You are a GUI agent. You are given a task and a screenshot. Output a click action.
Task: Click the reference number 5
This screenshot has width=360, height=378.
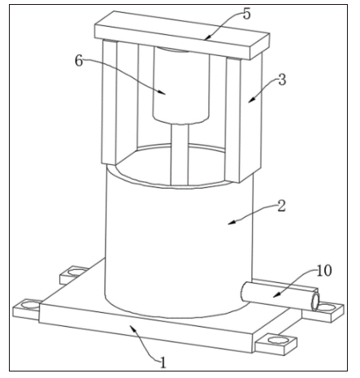pyautogui.click(x=247, y=14)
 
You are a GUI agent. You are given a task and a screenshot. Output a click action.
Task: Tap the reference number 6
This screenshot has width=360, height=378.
pyautogui.click(x=79, y=60)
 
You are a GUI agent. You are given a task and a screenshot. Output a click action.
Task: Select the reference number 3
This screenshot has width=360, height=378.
pyautogui.click(x=282, y=80)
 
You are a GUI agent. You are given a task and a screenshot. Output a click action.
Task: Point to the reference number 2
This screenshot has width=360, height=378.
pyautogui.click(x=281, y=206)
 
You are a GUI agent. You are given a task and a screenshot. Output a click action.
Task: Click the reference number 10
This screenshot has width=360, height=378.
pyautogui.click(x=324, y=271)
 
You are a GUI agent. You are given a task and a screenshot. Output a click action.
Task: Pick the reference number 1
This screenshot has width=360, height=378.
pyautogui.click(x=163, y=363)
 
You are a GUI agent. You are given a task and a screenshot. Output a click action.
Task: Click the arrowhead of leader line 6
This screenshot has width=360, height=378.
pyautogui.click(x=163, y=93)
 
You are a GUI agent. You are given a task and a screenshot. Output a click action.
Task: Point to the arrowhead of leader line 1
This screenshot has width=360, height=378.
pyautogui.click(x=133, y=328)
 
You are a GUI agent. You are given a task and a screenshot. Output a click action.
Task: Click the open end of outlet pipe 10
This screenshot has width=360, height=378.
pyautogui.click(x=315, y=302)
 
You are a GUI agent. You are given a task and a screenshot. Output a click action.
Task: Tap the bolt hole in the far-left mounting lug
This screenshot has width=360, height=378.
pyautogui.click(x=29, y=306)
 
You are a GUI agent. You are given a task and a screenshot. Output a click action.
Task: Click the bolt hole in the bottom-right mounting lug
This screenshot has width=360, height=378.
pyautogui.click(x=276, y=340)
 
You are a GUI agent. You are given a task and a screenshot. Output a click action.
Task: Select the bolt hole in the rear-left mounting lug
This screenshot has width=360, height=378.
pyautogui.click(x=76, y=272)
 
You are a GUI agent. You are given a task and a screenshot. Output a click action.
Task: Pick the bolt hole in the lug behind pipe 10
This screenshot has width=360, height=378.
pyautogui.click(x=327, y=307)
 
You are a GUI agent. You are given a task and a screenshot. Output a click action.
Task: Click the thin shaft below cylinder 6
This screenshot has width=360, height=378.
pyautogui.click(x=180, y=154)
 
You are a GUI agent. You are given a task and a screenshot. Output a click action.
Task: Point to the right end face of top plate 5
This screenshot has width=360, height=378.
pyautogui.click(x=259, y=46)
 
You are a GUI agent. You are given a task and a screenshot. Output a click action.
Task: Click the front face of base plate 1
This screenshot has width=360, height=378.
pyautogui.click(x=145, y=328)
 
